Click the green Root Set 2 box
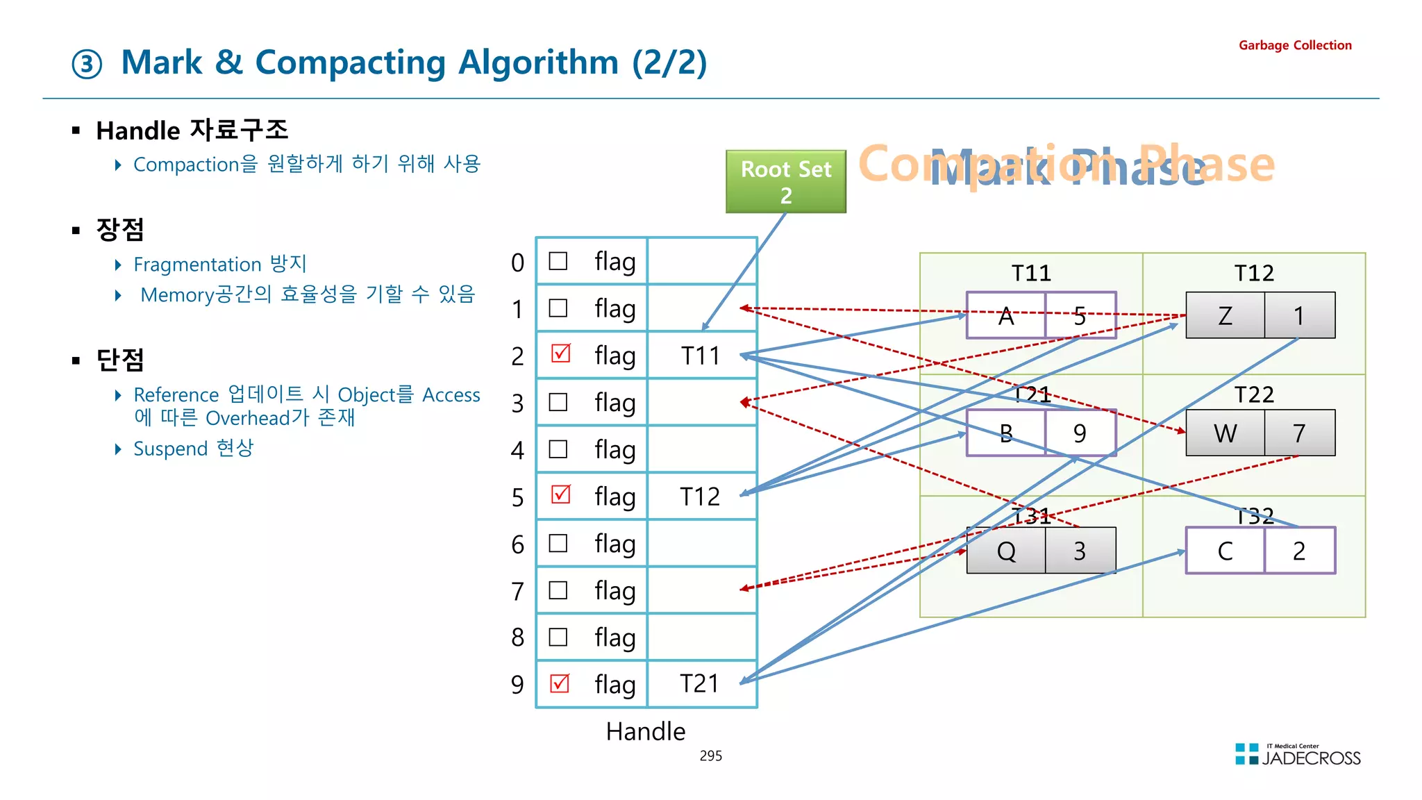pos(785,181)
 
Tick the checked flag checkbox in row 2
pos(560,353)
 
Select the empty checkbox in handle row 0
pos(558,261)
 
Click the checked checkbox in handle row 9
pos(560,683)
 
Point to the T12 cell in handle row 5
pos(700,497)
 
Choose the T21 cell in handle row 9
pos(700,684)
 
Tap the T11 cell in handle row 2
pos(700,356)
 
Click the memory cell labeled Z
pos(1225,316)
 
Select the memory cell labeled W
pos(1225,433)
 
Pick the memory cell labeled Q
pos(1005,551)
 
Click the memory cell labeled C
pos(1225,551)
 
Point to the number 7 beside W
pos(1299,433)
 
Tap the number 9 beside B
pos(1080,433)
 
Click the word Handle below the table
pos(645,731)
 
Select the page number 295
pos(710,756)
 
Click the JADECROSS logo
pos(1298,756)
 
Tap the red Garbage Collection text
pos(1295,46)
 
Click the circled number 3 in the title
pos(87,65)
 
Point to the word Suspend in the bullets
pos(170,449)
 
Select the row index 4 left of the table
pos(517,451)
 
